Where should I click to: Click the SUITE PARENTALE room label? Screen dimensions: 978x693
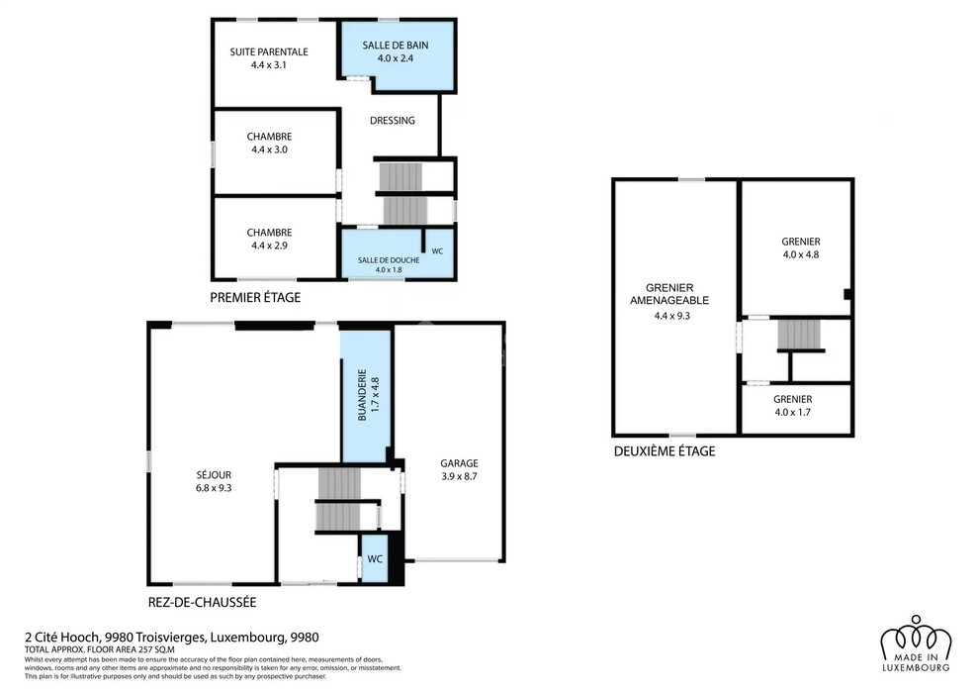[269, 51]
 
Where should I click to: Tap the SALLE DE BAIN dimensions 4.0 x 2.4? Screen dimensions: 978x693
[395, 58]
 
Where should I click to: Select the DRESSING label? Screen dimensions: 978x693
[393, 121]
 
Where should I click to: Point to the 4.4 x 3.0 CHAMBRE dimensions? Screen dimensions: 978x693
[269, 149]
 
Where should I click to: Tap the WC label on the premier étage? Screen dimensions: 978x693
[437, 251]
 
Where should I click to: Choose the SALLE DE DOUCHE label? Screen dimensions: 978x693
[389, 260]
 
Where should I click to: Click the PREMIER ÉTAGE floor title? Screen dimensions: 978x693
[255, 298]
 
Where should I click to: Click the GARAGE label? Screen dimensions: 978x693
[459, 463]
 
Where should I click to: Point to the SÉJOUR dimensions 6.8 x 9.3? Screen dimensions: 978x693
[214, 488]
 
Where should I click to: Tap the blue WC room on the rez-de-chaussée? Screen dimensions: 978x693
[375, 559]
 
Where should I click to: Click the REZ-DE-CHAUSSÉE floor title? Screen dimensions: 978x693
[202, 603]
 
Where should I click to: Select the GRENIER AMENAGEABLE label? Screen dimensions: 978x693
[669, 294]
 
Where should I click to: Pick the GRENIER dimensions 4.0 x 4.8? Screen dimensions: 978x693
[801, 254]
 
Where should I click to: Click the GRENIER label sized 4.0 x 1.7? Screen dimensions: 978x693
[793, 399]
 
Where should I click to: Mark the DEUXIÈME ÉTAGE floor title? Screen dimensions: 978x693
[665, 451]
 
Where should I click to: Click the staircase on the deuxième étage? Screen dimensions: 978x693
[799, 335]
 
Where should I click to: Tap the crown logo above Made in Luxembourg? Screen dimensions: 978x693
[917, 637]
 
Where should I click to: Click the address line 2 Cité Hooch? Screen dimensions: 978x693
[171, 638]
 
